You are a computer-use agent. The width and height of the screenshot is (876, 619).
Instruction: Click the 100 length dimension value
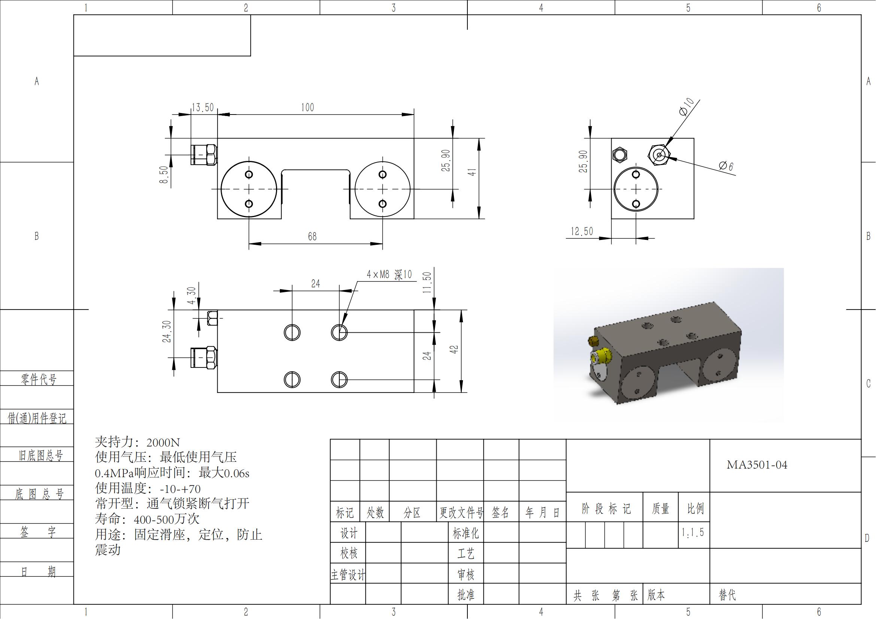307,107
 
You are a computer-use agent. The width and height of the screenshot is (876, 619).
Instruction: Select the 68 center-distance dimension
312,237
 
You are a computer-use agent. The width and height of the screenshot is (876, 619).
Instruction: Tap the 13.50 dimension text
203,107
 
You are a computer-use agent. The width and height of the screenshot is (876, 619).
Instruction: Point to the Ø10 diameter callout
686,106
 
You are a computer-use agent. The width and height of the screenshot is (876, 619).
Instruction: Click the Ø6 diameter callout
726,166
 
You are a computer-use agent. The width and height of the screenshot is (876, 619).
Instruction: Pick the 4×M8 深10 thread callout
389,274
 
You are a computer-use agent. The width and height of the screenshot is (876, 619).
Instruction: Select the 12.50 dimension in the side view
582,231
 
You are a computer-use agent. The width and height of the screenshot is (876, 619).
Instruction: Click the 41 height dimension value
472,172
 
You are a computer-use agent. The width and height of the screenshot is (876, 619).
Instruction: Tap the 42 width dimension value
454,350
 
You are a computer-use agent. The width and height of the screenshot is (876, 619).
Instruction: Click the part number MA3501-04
757,465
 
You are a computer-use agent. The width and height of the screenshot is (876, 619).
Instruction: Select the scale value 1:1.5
693,532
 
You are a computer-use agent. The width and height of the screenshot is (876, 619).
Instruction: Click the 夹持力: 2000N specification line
137,442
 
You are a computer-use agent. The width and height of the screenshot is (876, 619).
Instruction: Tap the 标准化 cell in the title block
466,533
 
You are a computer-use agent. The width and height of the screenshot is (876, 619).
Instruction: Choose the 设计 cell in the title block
349,533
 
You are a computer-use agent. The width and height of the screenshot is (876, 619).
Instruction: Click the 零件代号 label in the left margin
38,379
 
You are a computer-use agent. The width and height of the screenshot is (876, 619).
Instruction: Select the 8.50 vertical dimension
164,174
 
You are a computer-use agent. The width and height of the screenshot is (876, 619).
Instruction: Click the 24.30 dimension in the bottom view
167,331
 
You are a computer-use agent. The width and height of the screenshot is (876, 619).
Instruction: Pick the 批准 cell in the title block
466,595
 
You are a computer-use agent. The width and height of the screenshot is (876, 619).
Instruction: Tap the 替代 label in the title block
727,595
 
